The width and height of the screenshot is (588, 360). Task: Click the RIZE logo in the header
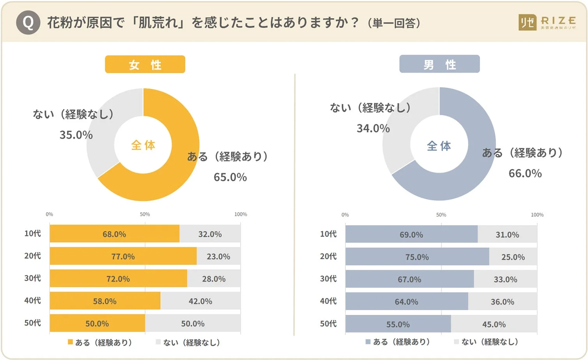[x=547, y=23]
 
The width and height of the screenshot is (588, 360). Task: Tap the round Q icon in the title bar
[x=28, y=23]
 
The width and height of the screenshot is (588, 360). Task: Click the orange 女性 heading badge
[x=145, y=64]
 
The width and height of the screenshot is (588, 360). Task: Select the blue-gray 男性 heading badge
[x=439, y=64]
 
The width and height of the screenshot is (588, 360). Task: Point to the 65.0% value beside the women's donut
[x=230, y=177]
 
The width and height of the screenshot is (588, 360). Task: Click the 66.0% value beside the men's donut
[x=525, y=173]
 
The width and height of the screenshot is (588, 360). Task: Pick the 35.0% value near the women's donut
[x=76, y=135]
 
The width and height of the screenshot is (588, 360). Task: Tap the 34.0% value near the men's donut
[x=373, y=129]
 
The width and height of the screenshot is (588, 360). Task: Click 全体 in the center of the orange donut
[x=143, y=145]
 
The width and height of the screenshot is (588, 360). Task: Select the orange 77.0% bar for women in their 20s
[x=123, y=256]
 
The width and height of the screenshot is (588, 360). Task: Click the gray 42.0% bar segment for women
[x=200, y=301]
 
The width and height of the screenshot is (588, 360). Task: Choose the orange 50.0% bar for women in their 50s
[x=97, y=323]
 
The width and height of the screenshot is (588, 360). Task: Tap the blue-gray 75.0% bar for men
[x=417, y=257]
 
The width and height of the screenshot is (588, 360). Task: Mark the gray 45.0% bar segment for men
[x=494, y=324]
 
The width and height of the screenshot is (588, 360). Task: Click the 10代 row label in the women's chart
[x=32, y=233]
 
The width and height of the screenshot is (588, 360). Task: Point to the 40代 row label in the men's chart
[x=328, y=301]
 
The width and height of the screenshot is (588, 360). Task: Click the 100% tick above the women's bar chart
[x=241, y=214]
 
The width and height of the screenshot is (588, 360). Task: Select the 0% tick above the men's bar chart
[x=345, y=215]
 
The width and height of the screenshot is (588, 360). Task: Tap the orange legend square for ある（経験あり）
[x=70, y=342]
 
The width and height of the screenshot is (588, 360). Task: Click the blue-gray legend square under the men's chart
[x=368, y=342]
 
